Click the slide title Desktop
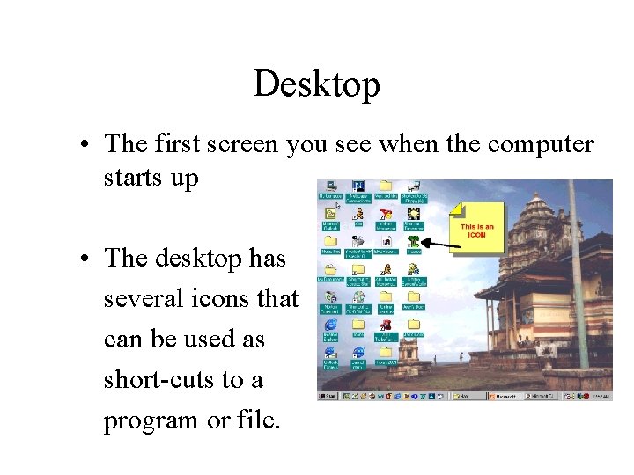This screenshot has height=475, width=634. coord(316,84)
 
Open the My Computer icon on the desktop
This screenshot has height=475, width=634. coord(331,186)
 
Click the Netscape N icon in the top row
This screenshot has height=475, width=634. coord(358,186)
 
